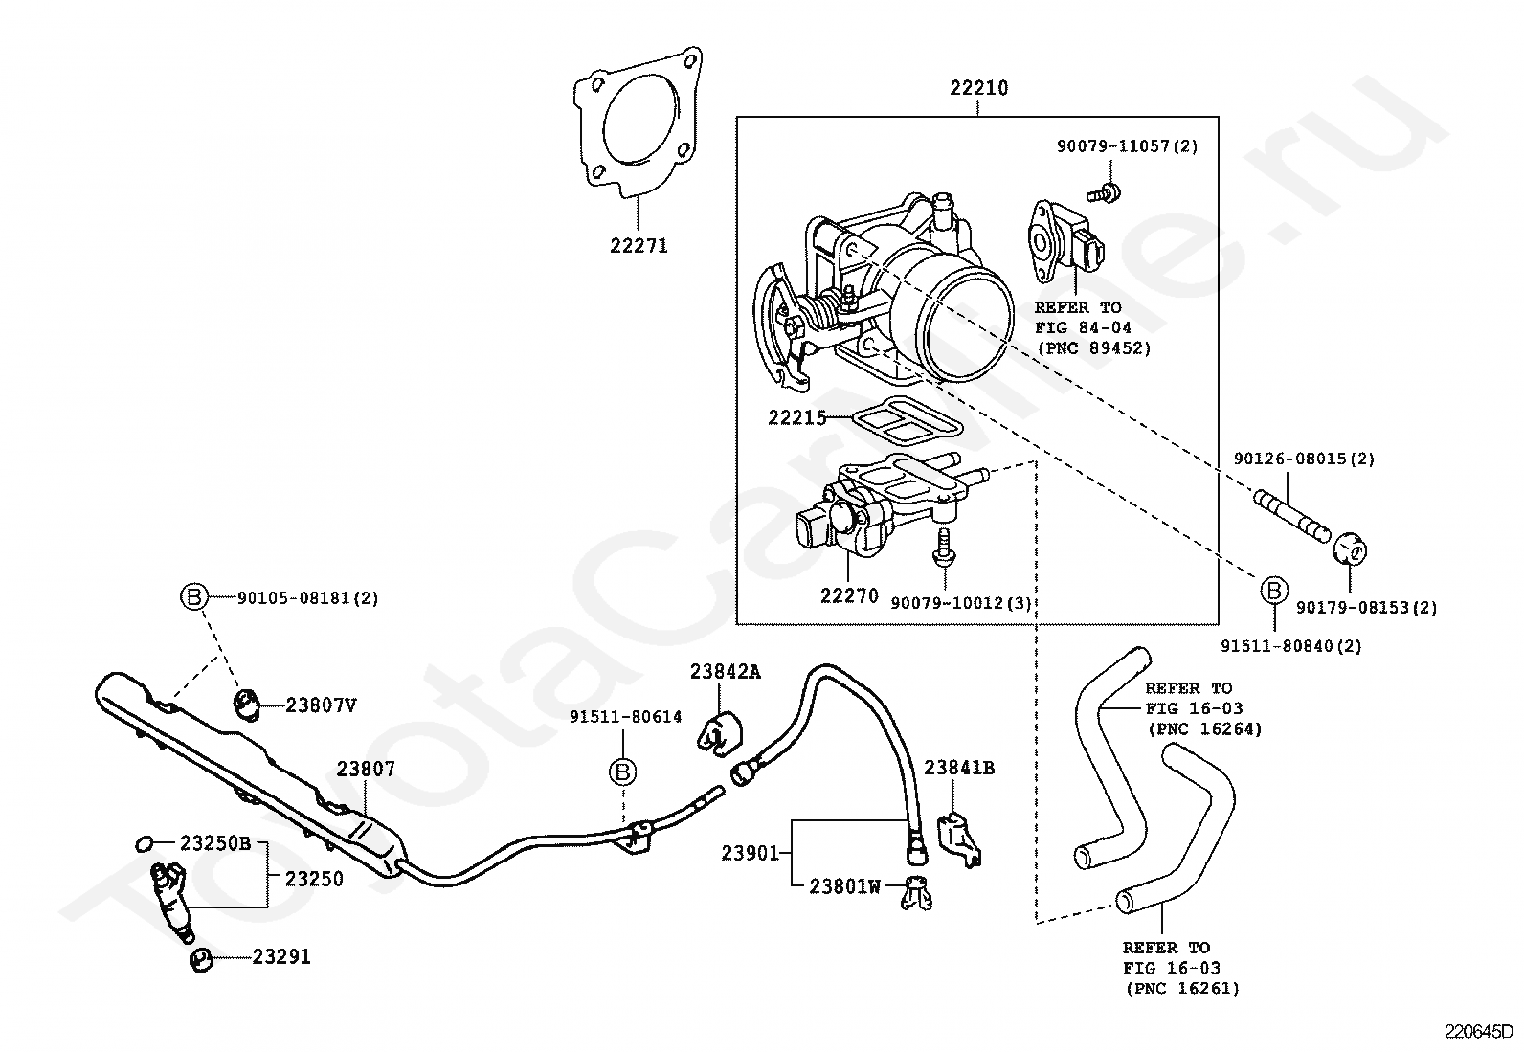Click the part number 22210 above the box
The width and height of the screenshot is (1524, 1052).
(978, 88)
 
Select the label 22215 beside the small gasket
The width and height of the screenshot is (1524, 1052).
(796, 417)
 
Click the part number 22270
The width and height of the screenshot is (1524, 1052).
(848, 595)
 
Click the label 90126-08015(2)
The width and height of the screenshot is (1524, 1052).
(1304, 459)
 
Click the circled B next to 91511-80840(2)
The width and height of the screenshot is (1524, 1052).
(1274, 591)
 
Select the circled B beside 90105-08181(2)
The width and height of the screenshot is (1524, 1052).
(193, 597)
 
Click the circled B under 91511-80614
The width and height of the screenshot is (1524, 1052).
(623, 771)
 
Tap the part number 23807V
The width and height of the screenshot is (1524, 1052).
(321, 705)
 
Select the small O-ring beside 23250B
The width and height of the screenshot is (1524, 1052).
(145, 843)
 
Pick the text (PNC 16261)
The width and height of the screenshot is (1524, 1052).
(1181, 988)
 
